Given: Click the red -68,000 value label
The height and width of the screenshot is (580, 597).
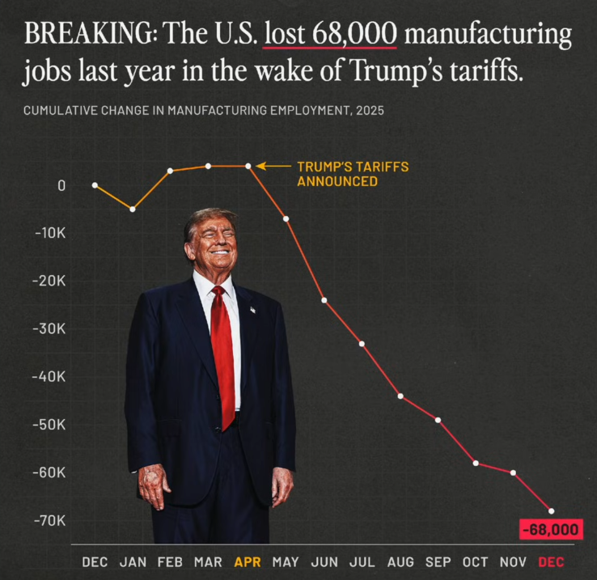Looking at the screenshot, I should point(552,531).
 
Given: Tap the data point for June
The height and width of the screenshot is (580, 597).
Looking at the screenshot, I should point(324,300).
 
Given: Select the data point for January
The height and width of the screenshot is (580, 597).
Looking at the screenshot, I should point(133,210).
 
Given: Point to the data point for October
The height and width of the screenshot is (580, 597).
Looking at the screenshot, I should point(476,463).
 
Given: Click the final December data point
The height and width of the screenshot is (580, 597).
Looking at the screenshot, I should point(552,510).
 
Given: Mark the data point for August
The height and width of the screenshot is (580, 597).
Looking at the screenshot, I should point(400,396).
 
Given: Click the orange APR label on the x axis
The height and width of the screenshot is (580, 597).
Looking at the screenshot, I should point(248,562).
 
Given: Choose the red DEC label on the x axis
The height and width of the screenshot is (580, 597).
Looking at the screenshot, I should point(552,562).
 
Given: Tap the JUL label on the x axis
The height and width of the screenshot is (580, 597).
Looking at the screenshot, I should point(362,562).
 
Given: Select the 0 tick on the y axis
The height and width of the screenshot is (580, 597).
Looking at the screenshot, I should point(61,185).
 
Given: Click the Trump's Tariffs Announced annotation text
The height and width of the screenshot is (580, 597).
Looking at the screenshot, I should point(352,174).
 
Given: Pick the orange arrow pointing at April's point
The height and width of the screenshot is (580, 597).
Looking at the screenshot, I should point(273,166).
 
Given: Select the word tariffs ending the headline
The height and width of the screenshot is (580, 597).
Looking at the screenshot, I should point(487,72).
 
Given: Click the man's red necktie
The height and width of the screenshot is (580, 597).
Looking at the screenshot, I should point(223,356).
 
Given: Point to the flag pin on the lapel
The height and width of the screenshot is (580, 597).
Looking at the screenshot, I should point(253,309).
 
